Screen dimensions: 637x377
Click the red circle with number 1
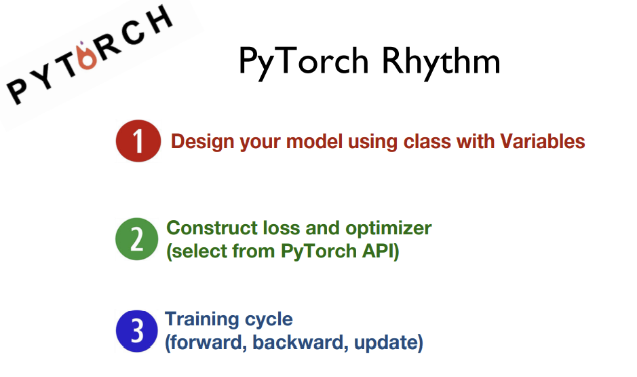point(138,141)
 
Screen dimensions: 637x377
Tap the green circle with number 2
point(137,238)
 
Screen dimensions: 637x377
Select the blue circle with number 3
point(137,331)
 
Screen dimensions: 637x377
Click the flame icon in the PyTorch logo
point(87,56)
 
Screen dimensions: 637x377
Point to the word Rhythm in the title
point(441,62)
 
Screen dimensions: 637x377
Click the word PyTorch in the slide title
point(303,62)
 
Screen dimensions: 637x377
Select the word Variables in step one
point(542,141)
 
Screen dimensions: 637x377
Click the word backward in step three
point(301,342)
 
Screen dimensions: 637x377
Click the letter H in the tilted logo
point(160,20)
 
